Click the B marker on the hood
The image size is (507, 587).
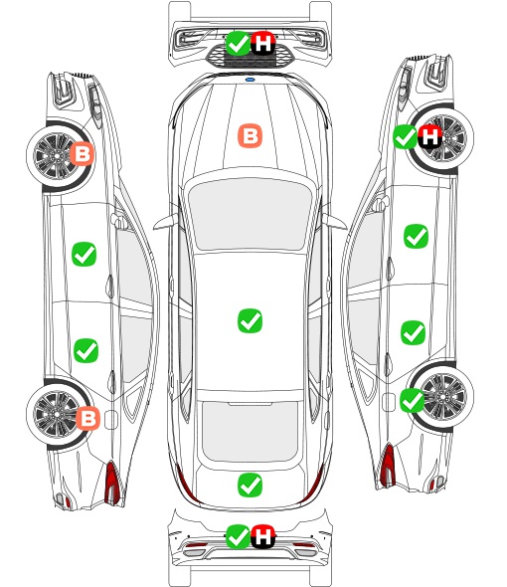[x=250, y=135]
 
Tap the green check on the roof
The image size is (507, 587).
[x=250, y=320]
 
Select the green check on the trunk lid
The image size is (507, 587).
[x=250, y=486]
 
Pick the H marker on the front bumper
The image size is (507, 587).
[x=263, y=44]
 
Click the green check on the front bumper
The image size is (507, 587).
[x=238, y=44]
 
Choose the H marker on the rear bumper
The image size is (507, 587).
[x=263, y=536]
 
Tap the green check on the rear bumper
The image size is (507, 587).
[x=238, y=536]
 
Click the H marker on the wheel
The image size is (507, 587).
[x=429, y=136]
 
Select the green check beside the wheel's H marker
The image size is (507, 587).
[x=406, y=136]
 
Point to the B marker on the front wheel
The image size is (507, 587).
[x=83, y=153]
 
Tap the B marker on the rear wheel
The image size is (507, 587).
[x=87, y=418]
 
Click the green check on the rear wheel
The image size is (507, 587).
[x=413, y=400]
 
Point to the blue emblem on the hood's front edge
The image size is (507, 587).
[x=250, y=80]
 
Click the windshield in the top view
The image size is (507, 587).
[x=250, y=213]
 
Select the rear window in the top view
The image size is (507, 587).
[x=250, y=431]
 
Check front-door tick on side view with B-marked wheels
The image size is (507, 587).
[x=84, y=254]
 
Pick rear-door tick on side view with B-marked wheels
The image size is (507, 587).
[x=85, y=350]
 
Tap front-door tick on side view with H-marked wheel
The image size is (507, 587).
[x=416, y=236]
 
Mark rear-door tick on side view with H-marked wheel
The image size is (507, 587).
[x=414, y=332]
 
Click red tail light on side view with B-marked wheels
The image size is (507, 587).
[x=112, y=483]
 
